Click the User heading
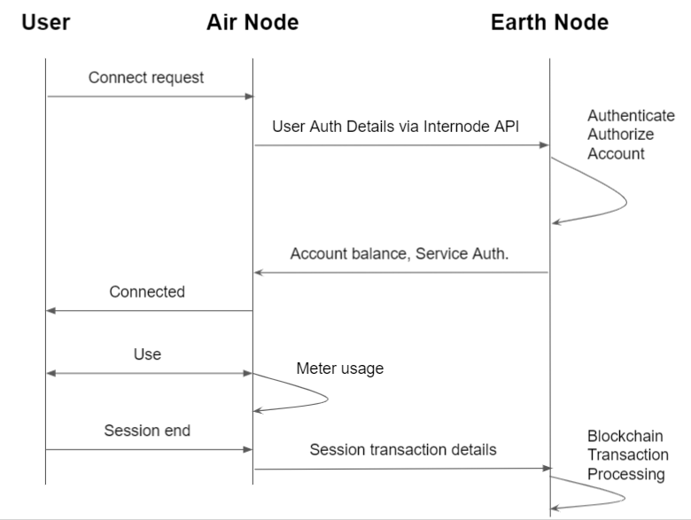click(x=45, y=22)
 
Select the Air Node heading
click(x=252, y=22)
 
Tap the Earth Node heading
click(x=549, y=22)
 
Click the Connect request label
click(x=146, y=77)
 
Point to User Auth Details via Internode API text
click(x=395, y=125)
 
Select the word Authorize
click(x=621, y=135)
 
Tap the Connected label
click(x=147, y=291)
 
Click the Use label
click(x=147, y=354)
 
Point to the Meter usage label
click(x=340, y=369)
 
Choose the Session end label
click(x=147, y=431)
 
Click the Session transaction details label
click(x=403, y=450)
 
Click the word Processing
click(x=625, y=474)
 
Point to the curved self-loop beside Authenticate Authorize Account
click(x=625, y=202)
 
